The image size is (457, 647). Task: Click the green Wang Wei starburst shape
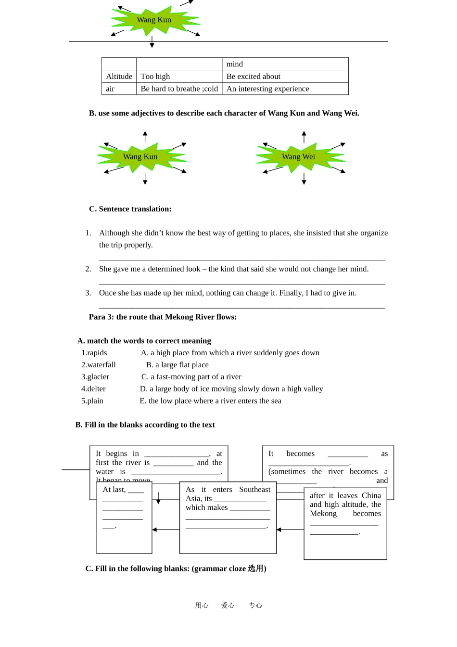[x=299, y=157]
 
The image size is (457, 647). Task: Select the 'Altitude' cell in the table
[x=119, y=77]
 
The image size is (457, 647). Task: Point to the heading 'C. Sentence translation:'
[x=130, y=209]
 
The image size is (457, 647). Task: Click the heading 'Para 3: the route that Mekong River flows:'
[x=163, y=317]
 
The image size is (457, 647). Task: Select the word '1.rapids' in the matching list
[x=94, y=353]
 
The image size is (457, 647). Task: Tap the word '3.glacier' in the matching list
[x=95, y=377]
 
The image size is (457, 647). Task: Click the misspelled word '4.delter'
[x=93, y=389]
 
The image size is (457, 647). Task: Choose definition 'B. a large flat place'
[x=177, y=365]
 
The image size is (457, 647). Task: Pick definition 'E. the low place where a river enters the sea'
[x=210, y=401]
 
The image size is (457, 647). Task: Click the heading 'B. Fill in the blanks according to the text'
[x=145, y=425]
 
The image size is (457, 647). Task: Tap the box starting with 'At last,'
[x=124, y=518]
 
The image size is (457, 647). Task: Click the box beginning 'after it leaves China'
[x=345, y=523]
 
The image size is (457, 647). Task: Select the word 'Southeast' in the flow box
[x=254, y=490]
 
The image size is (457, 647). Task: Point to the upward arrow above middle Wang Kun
[x=145, y=136]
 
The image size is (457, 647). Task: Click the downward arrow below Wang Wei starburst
[x=304, y=179]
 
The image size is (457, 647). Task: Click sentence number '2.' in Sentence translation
[x=88, y=269]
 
